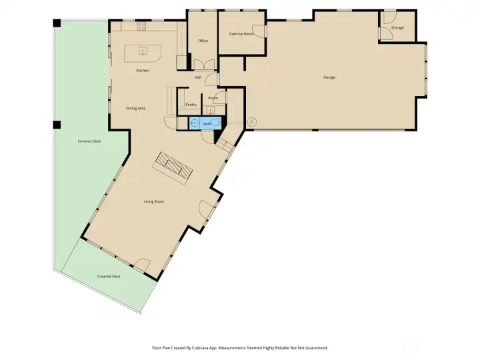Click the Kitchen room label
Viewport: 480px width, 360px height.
point(143,71)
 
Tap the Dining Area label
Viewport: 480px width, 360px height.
point(135,109)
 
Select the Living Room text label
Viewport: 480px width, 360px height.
point(154,201)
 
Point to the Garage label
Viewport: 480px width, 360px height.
point(329,77)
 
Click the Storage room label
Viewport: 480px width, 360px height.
point(397,28)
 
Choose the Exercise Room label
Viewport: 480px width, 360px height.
point(241,34)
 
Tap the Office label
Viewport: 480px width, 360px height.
point(203,41)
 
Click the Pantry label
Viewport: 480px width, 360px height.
point(191,105)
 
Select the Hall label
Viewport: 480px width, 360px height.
point(198,77)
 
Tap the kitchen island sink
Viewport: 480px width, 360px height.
point(143,51)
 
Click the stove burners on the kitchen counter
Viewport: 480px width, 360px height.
point(141,26)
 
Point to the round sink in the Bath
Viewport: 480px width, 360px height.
point(194,124)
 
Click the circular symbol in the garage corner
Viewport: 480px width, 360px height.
point(251,122)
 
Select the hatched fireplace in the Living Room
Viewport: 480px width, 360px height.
point(173,168)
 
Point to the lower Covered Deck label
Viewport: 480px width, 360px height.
point(109,277)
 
